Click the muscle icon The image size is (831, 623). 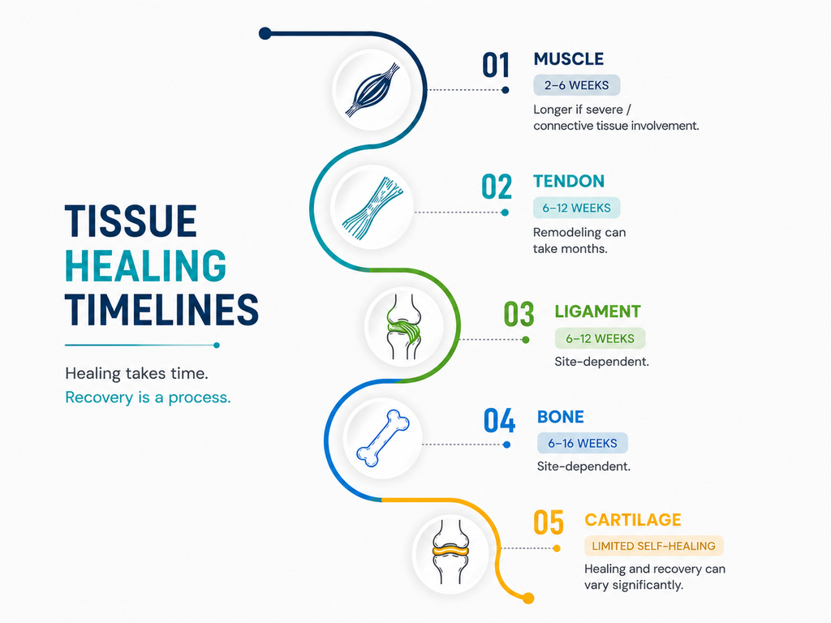pyautogui.click(x=372, y=89)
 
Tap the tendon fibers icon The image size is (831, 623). pyautogui.click(x=372, y=208)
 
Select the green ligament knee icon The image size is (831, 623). pyautogui.click(x=404, y=327)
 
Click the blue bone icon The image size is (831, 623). pyautogui.click(x=383, y=439)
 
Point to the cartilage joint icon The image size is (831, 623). pyautogui.click(x=450, y=552)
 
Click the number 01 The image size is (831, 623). pyautogui.click(x=496, y=65)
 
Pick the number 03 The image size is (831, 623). pyautogui.click(x=519, y=314)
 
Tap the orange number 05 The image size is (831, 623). pyautogui.click(x=548, y=522)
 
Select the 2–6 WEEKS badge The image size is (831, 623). pyautogui.click(x=577, y=85)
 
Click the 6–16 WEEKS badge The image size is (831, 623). pyautogui.click(x=583, y=444)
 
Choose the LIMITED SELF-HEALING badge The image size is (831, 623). pyautogui.click(x=653, y=546)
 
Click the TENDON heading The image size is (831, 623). pyautogui.click(x=569, y=181)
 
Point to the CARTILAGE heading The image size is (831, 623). pyautogui.click(x=633, y=520)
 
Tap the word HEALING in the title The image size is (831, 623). pyautogui.click(x=146, y=265)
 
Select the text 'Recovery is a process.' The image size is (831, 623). pyautogui.click(x=148, y=397)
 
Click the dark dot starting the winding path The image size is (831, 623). pyautogui.click(x=265, y=34)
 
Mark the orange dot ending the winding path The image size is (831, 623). pyautogui.click(x=527, y=599)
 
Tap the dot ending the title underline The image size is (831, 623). pyautogui.click(x=216, y=346)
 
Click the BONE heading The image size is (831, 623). pyautogui.click(x=560, y=417)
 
